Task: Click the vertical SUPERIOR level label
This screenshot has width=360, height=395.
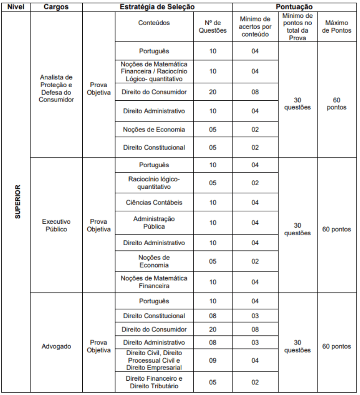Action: [x=17, y=201]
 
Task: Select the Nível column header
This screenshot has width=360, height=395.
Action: [x=15, y=7]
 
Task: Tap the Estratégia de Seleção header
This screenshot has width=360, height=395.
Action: [x=157, y=7]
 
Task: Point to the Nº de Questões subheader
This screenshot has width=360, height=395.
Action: [x=212, y=26]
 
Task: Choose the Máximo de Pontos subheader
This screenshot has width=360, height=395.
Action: [x=338, y=26]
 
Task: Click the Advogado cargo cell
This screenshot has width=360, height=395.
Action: [x=56, y=346]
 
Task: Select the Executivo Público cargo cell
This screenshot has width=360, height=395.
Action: [x=56, y=225]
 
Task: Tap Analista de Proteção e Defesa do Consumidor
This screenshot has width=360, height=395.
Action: [x=56, y=89]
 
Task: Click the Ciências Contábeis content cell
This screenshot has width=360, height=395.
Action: [x=154, y=202]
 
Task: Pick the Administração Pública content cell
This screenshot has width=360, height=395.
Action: [x=154, y=222]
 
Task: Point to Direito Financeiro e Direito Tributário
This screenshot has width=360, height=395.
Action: [x=154, y=382]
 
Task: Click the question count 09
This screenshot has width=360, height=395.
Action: [x=212, y=361]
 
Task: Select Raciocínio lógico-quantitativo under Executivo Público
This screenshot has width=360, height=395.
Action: [x=154, y=183]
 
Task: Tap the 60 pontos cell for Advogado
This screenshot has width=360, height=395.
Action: [x=338, y=346]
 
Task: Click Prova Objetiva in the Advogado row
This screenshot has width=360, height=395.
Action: [x=99, y=346]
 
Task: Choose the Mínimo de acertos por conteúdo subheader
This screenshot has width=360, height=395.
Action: [x=255, y=26]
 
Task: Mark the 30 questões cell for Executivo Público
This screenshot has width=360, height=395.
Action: [x=297, y=229]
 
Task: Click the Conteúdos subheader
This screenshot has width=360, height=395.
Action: [x=154, y=23]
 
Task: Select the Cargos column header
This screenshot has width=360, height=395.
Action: [x=56, y=7]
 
